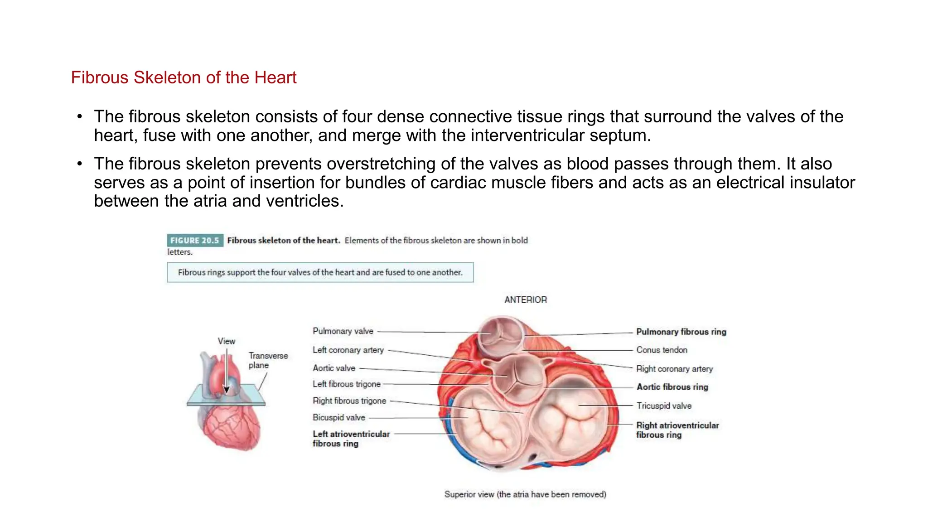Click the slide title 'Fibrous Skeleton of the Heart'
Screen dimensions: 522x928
[x=184, y=77]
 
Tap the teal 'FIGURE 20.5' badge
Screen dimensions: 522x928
[x=195, y=240]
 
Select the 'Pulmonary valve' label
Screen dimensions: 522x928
[x=343, y=331]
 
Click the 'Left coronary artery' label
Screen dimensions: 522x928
[x=348, y=350]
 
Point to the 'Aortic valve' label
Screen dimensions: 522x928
[x=333, y=368]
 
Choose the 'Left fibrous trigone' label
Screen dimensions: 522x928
[x=346, y=384]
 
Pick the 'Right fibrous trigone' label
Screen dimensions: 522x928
[x=349, y=401]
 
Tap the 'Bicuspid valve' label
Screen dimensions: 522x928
[x=338, y=417]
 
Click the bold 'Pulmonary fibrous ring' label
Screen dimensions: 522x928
[x=681, y=332]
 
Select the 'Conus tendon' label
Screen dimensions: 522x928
[x=662, y=350]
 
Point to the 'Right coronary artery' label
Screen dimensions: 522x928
[x=674, y=369]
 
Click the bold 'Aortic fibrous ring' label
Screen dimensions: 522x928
[x=672, y=387]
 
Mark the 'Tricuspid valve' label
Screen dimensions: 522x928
[x=664, y=406]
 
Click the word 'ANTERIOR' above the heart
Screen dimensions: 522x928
[x=525, y=300]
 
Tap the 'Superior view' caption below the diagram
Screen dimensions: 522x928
[x=525, y=494]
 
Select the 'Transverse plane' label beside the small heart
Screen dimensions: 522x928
[x=267, y=360]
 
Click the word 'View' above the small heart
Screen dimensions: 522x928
[x=226, y=341]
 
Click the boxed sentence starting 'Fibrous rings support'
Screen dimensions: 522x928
[x=320, y=272]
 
